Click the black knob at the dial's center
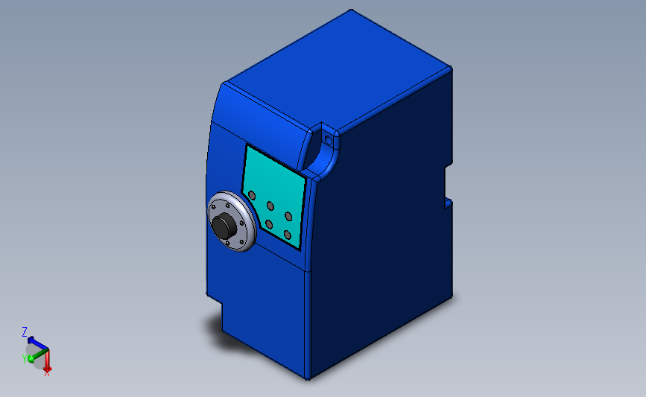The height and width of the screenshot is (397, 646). click(223, 226)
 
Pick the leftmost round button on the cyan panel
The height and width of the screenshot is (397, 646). click(252, 195)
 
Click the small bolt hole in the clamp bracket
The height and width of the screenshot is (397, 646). click(328, 139)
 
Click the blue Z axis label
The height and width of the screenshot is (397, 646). click(25, 332)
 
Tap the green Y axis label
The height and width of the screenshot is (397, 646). click(24, 358)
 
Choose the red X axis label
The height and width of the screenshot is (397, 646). click(47, 372)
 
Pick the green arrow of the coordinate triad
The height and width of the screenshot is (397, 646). click(34, 355)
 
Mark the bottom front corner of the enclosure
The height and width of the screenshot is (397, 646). click(307, 377)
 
